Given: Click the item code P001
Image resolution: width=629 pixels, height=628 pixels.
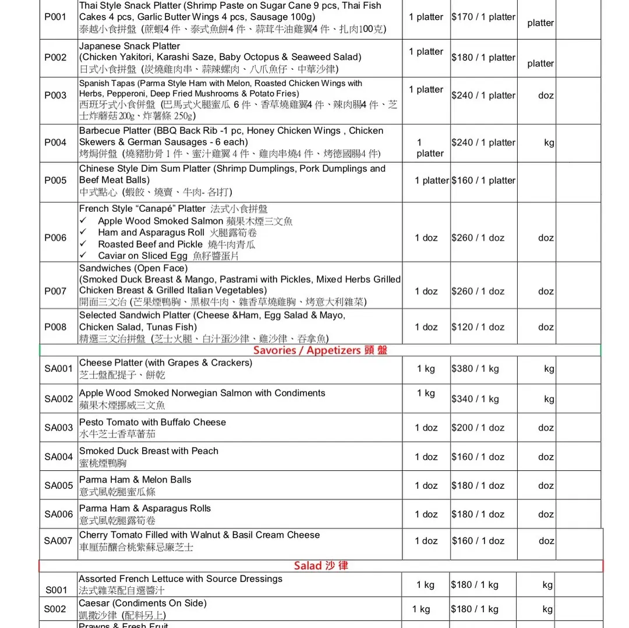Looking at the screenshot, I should [x=55, y=17].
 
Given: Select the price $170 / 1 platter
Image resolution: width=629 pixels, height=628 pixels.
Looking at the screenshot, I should [x=483, y=17].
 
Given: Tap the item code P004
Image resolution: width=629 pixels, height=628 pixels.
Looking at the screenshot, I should [x=55, y=142].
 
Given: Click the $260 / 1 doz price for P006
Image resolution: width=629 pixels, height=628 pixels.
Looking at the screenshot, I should [x=478, y=237].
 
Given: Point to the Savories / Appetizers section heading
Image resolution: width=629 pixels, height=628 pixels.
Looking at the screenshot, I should [x=320, y=350].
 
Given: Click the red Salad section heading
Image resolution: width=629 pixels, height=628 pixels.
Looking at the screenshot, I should [x=321, y=565].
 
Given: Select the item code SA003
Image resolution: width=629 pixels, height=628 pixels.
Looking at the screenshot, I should [x=59, y=428].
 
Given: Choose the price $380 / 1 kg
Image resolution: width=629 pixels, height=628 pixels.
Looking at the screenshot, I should [x=475, y=368].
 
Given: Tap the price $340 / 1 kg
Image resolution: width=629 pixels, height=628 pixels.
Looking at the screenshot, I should [x=475, y=399].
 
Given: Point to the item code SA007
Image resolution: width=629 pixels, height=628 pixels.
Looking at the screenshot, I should [x=59, y=541].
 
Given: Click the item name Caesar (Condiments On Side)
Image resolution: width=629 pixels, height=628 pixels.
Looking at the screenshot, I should [x=143, y=603].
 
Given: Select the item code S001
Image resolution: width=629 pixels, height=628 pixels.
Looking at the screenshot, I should [x=56, y=590].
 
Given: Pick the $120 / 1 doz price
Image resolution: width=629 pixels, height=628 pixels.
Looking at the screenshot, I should [x=478, y=327].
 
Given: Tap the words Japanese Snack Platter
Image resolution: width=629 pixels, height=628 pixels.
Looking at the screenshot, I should [x=129, y=46].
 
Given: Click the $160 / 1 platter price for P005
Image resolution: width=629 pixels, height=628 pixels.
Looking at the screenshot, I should [x=483, y=180].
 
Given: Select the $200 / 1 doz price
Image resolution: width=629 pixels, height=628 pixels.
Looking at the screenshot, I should [x=478, y=428].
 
